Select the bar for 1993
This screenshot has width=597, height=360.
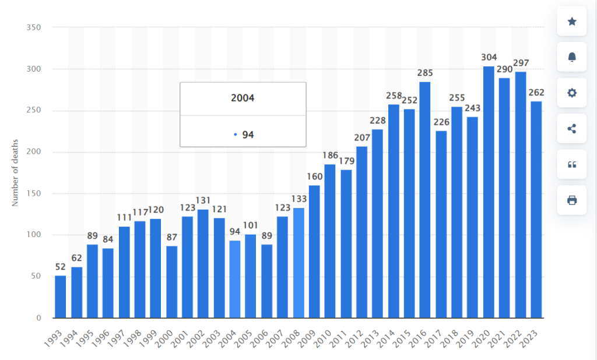click(x=61, y=297)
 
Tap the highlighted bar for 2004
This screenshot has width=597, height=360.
click(x=235, y=279)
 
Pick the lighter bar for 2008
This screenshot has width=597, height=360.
click(x=298, y=263)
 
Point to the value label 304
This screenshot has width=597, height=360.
click(x=489, y=57)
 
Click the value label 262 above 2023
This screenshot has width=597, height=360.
click(x=536, y=92)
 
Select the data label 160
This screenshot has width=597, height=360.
click(x=314, y=176)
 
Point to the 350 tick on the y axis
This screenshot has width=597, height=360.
click(x=35, y=27)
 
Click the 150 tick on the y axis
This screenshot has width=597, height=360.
click(x=35, y=193)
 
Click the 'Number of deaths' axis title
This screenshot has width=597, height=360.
click(x=15, y=172)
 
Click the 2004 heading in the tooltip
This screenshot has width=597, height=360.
click(x=243, y=98)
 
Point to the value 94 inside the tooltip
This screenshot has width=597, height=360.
click(x=248, y=135)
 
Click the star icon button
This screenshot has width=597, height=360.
click(x=571, y=22)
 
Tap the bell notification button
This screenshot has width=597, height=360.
click(x=571, y=57)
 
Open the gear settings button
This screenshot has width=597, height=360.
click(x=571, y=93)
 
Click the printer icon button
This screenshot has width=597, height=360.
click(x=571, y=200)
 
